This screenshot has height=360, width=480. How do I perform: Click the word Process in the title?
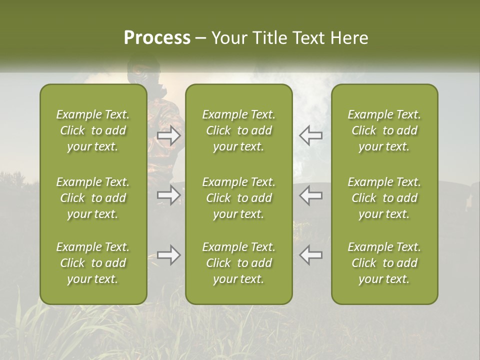coord(157,38)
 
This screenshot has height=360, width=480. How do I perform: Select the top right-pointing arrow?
coord(169,135)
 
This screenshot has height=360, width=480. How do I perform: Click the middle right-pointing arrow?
coord(169,195)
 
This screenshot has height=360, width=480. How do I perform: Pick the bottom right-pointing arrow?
coord(169,255)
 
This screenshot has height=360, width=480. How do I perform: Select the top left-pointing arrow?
coord(310,135)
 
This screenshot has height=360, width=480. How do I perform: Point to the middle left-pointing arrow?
coord(310,195)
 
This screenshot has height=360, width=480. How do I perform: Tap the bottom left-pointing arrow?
coord(310,255)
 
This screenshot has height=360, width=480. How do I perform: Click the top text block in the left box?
coord(93,130)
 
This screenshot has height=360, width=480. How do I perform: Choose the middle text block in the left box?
coord(93,198)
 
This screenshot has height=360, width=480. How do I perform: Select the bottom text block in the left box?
coord(93,263)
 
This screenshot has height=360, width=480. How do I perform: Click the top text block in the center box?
coord(239,130)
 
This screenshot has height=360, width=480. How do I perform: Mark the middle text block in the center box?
coord(239,198)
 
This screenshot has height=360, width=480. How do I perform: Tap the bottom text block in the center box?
coord(239,263)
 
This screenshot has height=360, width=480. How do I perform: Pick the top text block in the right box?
coord(384,130)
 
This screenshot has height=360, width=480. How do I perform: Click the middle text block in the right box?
coord(384,198)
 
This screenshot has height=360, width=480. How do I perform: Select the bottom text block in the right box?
coord(384,263)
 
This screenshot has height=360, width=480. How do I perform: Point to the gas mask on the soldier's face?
coord(136,75)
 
